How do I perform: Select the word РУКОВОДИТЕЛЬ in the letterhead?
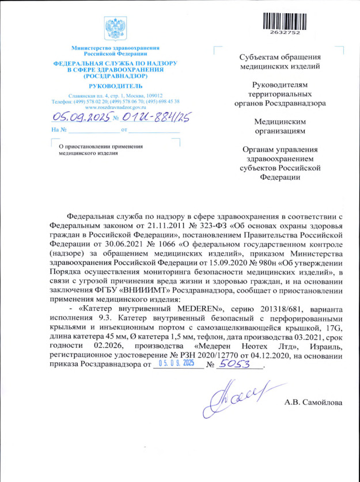(x=115, y=85)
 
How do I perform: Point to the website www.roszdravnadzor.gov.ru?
(x=115, y=107)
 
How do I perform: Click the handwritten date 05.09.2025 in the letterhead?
(x=81, y=118)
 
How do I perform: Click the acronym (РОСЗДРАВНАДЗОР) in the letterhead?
(x=115, y=75)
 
